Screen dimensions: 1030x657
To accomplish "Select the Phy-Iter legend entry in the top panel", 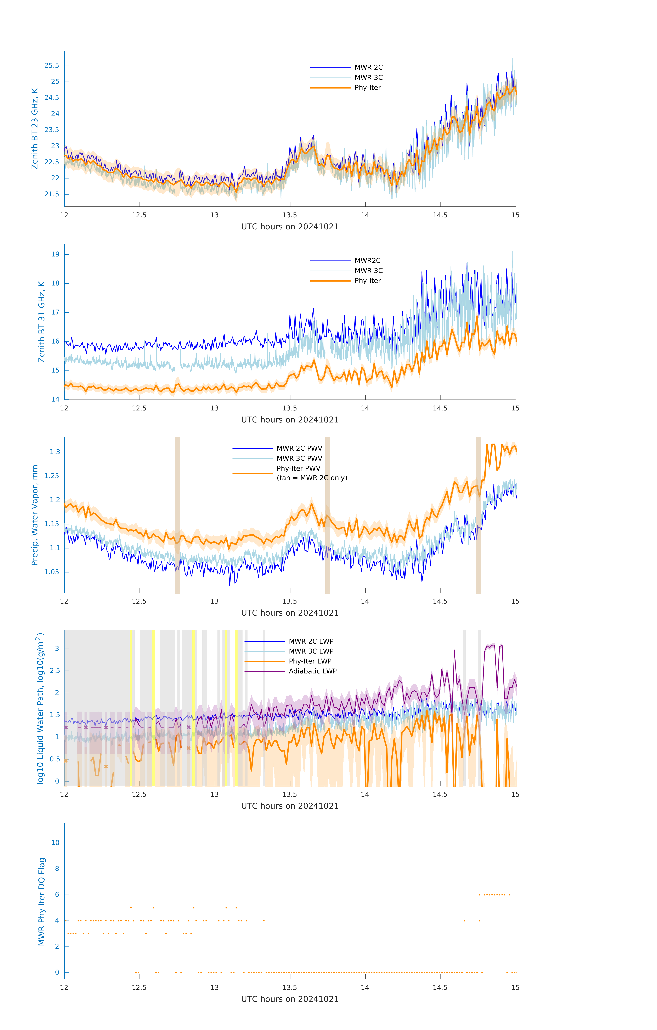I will pyautogui.click(x=367, y=88).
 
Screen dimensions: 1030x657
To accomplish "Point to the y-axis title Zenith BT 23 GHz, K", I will pyautogui.click(x=35, y=129).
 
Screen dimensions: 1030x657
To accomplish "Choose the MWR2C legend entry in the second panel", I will pyautogui.click(x=367, y=260).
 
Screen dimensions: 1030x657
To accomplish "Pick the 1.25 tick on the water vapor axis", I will pyautogui.click(x=52, y=476).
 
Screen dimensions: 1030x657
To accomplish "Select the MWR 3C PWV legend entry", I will pyautogui.click(x=299, y=459).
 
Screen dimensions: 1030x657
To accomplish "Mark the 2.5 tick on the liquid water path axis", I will pyautogui.click(x=55, y=671).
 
